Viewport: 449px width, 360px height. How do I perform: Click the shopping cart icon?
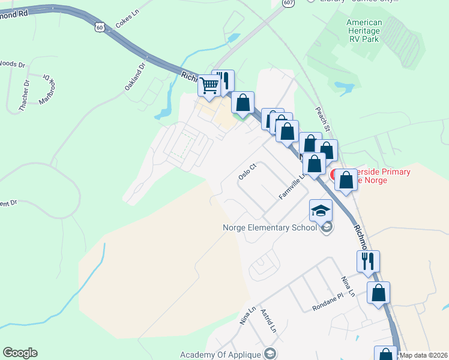click(209, 85)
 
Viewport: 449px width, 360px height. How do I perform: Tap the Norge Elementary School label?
click(270, 227)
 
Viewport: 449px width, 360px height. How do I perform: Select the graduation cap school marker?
click(321, 211)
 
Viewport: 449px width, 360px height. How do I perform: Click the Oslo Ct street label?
click(247, 172)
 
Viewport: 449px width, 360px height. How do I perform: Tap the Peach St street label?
click(324, 120)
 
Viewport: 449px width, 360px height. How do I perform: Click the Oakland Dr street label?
click(135, 77)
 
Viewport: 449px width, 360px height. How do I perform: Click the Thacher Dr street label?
click(25, 96)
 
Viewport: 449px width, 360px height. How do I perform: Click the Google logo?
click(20, 353)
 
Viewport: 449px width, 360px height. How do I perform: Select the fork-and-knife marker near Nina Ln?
click(368, 261)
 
